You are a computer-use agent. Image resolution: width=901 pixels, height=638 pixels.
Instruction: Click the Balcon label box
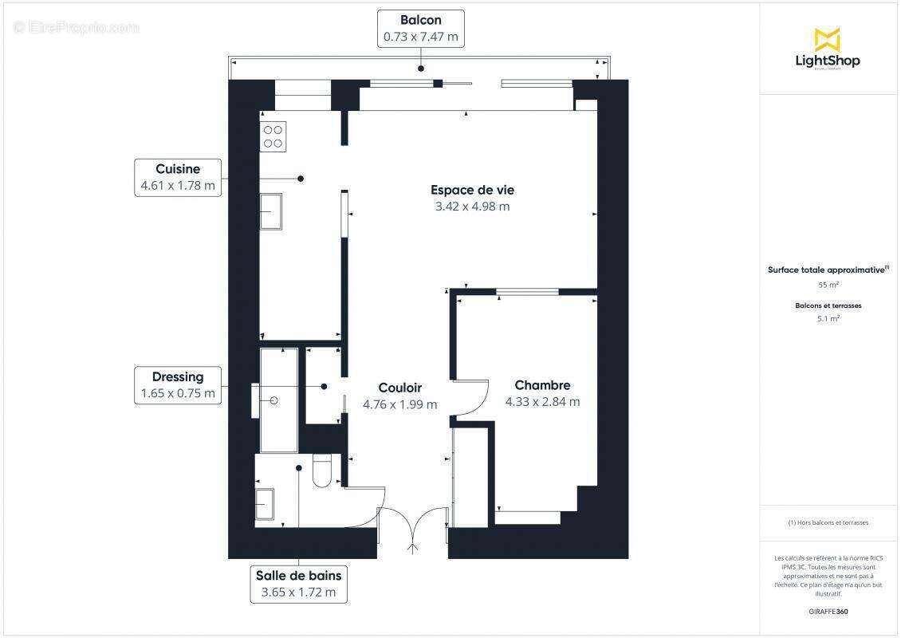tap(420, 28)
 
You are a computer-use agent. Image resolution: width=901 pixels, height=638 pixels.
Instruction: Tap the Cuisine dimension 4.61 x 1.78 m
tap(178, 186)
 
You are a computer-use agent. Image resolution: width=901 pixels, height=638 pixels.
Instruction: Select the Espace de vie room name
tap(472, 190)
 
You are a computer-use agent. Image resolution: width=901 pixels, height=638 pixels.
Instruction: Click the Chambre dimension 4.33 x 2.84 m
tap(542, 402)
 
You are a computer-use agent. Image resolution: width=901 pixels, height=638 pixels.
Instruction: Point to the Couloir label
tap(399, 388)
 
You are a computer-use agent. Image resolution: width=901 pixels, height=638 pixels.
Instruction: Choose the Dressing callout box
tap(178, 385)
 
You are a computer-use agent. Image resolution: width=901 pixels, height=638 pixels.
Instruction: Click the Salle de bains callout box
tap(298, 584)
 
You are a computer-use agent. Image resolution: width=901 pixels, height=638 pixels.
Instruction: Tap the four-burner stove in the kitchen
tap(273, 136)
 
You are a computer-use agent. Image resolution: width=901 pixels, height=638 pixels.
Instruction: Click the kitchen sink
tap(271, 211)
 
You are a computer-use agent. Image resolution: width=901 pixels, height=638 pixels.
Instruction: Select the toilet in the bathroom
tap(323, 471)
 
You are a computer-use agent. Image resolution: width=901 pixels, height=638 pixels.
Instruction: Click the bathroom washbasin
tap(264, 504)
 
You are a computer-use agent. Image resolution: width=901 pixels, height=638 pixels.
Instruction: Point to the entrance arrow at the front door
tap(412, 547)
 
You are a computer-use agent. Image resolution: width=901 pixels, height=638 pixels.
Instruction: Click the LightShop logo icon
tap(827, 39)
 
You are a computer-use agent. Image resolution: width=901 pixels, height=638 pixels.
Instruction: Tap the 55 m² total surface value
tap(828, 285)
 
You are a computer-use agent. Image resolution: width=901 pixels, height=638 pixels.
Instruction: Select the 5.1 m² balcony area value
tap(828, 318)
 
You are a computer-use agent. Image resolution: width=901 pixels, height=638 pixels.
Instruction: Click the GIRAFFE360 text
tap(828, 612)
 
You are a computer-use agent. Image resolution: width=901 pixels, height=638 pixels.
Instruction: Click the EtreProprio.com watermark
tap(76, 27)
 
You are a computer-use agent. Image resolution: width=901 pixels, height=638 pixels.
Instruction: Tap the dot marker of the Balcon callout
tap(420, 69)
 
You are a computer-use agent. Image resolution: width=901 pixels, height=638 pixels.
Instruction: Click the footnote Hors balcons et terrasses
tap(828, 522)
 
